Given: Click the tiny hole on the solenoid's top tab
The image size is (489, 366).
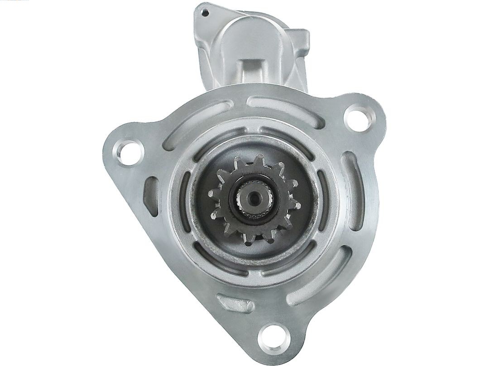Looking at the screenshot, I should (205, 13).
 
